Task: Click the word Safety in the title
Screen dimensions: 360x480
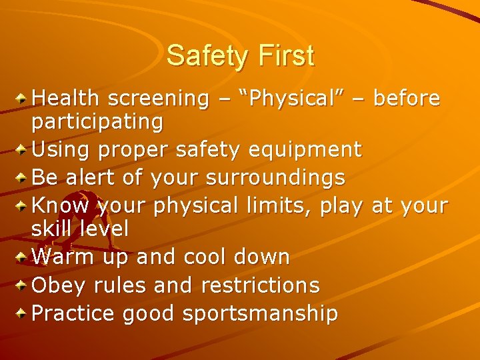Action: coord(205,56)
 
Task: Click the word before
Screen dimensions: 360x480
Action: coord(407,99)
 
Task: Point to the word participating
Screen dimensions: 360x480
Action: coord(97,122)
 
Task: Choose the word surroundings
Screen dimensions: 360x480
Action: coord(275,178)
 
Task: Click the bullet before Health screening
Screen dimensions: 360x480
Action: coord(23,99)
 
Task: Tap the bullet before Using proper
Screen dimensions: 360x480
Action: coord(23,150)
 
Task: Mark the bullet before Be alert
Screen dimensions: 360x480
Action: coord(23,178)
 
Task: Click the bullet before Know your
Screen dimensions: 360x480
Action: coord(23,206)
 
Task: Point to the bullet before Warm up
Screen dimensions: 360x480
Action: coord(23,257)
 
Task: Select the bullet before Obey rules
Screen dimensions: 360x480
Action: coord(23,285)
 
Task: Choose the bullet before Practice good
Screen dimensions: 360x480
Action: coord(23,313)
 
